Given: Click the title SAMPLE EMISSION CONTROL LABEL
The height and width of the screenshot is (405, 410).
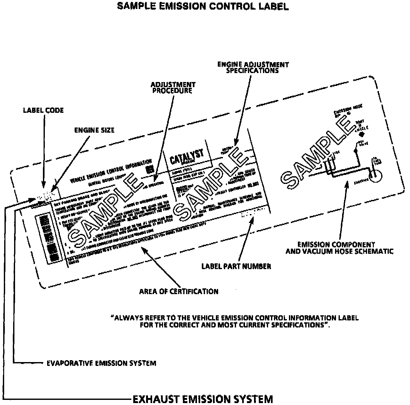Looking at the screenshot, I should pyautogui.click(x=203, y=6).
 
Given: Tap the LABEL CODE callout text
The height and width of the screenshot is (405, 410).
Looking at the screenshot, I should pyautogui.click(x=43, y=110).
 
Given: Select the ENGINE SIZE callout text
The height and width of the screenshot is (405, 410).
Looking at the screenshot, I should pyautogui.click(x=94, y=130).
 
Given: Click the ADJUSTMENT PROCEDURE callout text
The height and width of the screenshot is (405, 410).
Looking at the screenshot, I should pyautogui.click(x=173, y=87).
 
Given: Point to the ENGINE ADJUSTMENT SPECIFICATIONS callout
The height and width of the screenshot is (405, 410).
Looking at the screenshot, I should pyautogui.click(x=253, y=67).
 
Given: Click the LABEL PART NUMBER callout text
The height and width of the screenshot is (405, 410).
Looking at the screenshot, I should pyautogui.click(x=236, y=266).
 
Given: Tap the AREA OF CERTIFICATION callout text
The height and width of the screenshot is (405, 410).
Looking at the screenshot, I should pyautogui.click(x=179, y=292).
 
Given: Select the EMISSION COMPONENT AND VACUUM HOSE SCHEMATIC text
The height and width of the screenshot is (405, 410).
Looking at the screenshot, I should pyautogui.click(x=339, y=248).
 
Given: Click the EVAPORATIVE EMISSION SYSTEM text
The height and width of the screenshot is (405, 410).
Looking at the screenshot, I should pyautogui.click(x=101, y=363).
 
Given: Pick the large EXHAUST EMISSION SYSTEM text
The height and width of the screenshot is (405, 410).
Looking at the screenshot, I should pyautogui.click(x=202, y=399).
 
